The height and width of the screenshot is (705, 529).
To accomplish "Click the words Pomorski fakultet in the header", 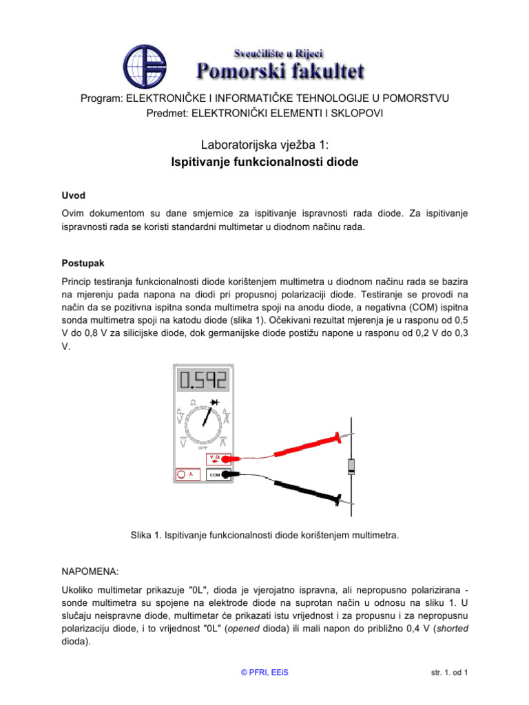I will (281, 70).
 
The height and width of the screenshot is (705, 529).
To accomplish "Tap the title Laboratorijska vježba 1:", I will (264, 145).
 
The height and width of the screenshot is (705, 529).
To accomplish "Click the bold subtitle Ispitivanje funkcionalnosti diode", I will (264, 162).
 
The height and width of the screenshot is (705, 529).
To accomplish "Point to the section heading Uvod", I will (74, 196).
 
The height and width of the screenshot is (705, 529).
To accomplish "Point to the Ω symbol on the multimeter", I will (194, 401).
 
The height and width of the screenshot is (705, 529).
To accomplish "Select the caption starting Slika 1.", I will (264, 534).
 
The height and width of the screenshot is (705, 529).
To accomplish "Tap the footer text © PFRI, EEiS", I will (264, 673).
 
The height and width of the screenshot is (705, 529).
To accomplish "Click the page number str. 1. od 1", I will (446, 673).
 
